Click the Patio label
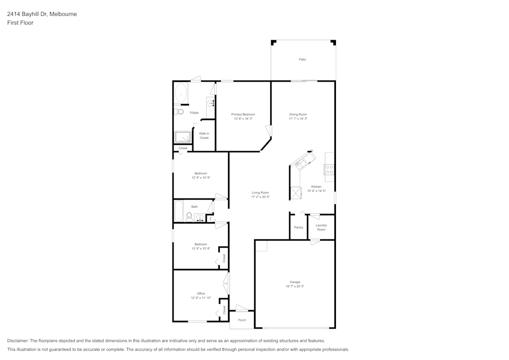tap(302, 60)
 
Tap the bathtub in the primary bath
tap(181, 93)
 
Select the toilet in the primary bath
tap(179, 112)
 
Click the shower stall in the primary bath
tap(183, 136)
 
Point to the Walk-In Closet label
tap(204, 135)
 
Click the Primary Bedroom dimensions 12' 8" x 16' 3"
tap(243, 119)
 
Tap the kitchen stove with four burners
tap(329, 170)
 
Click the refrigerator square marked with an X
tap(296, 192)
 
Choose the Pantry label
tap(298, 227)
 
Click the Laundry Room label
tap(321, 227)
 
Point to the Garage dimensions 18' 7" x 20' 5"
tap(295, 287)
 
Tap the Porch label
tap(242, 320)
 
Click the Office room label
tap(201, 293)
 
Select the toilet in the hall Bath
tap(188, 217)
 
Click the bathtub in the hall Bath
tap(179, 210)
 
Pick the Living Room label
tap(260, 192)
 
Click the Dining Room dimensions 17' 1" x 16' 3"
tap(298, 119)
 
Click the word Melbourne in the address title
tap(63, 14)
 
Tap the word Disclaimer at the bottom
tap(18, 341)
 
